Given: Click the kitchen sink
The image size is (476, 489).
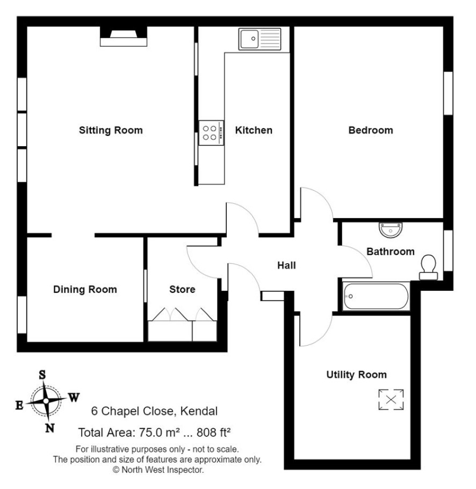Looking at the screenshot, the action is (x=259, y=39).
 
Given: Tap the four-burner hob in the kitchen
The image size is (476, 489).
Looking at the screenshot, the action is (x=211, y=133).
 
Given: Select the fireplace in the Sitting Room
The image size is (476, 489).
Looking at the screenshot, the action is (x=124, y=37).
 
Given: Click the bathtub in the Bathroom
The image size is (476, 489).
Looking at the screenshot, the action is (x=376, y=296).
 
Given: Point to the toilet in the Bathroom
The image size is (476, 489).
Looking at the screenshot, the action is (x=428, y=267).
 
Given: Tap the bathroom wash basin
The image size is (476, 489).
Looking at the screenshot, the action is (x=391, y=230).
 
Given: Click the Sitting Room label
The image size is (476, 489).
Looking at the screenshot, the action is (x=111, y=130).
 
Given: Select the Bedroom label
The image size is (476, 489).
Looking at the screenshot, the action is (x=371, y=130).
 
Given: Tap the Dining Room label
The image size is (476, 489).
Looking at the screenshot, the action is (x=85, y=290).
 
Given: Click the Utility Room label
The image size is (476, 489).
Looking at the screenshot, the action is (x=356, y=375).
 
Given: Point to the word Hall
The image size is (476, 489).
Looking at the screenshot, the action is (x=286, y=265).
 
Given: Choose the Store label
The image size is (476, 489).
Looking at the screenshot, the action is (x=182, y=290).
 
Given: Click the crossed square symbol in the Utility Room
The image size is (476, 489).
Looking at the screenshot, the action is (x=391, y=399).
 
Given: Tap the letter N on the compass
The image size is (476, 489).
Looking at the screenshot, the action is (x=50, y=428).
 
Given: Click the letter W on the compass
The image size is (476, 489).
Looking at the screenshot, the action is (x=74, y=397).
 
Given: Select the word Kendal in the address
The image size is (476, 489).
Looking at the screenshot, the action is (x=199, y=411).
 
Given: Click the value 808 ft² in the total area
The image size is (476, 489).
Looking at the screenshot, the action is (x=213, y=432).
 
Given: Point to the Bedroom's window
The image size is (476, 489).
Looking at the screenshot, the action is (x=448, y=94).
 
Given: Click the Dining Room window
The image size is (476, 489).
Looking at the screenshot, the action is (x=22, y=314).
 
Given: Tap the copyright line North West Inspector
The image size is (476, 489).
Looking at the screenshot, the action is (x=158, y=470).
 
